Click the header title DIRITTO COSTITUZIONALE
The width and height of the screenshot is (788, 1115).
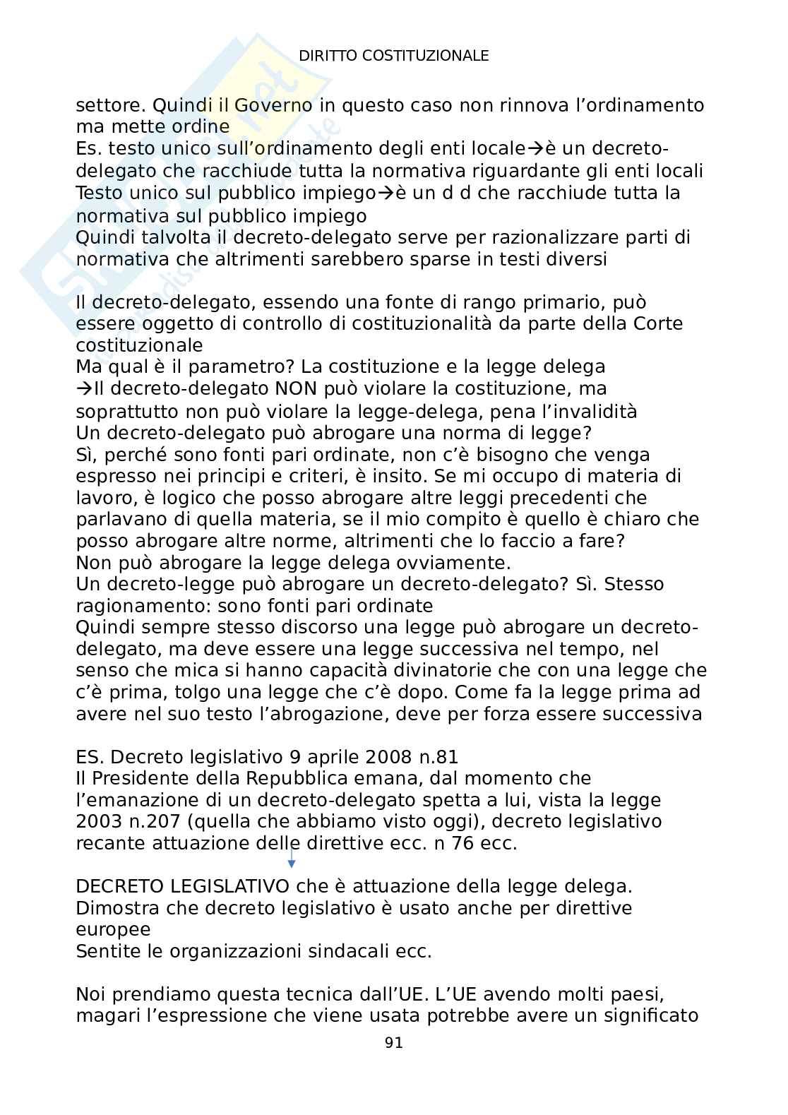click(394, 56)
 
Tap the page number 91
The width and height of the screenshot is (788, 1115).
click(394, 1043)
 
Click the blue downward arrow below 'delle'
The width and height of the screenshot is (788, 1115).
click(291, 859)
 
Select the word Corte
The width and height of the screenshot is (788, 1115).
click(657, 324)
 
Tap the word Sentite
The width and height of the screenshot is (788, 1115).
click(108, 951)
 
